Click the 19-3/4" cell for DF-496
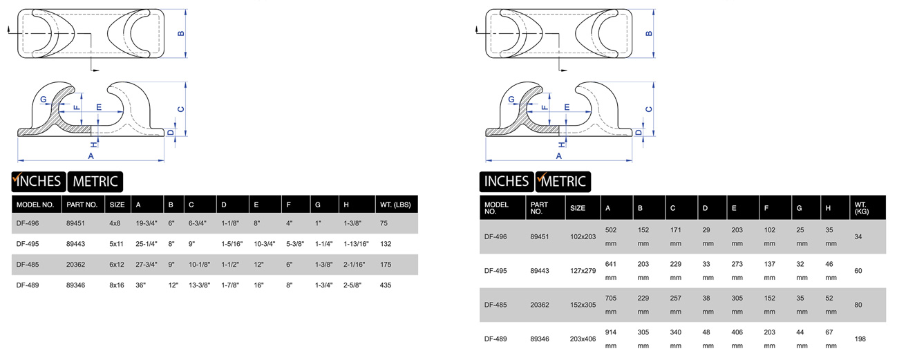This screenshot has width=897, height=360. (147, 223)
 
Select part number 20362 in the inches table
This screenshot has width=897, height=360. (76, 265)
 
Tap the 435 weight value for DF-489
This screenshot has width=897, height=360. (385, 285)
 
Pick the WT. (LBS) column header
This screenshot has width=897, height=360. (395, 205)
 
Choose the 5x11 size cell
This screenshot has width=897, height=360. (116, 244)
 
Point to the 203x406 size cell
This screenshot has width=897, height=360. (583, 339)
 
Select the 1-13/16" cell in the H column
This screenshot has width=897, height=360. (356, 244)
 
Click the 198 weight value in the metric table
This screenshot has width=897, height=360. (860, 339)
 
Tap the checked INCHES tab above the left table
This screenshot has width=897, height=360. (39, 182)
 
